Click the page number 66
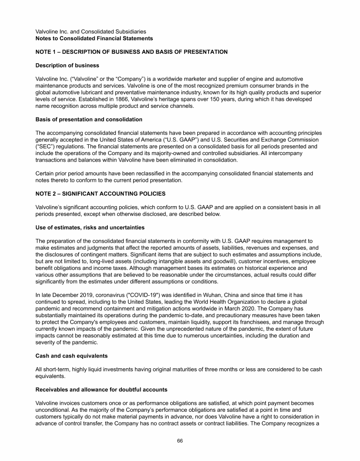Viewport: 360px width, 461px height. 180,441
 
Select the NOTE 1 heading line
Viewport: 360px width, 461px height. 132,52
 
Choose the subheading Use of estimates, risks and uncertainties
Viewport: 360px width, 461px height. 90,227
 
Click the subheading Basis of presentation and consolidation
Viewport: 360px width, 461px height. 86,119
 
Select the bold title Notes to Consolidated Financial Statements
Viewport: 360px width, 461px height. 94,38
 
